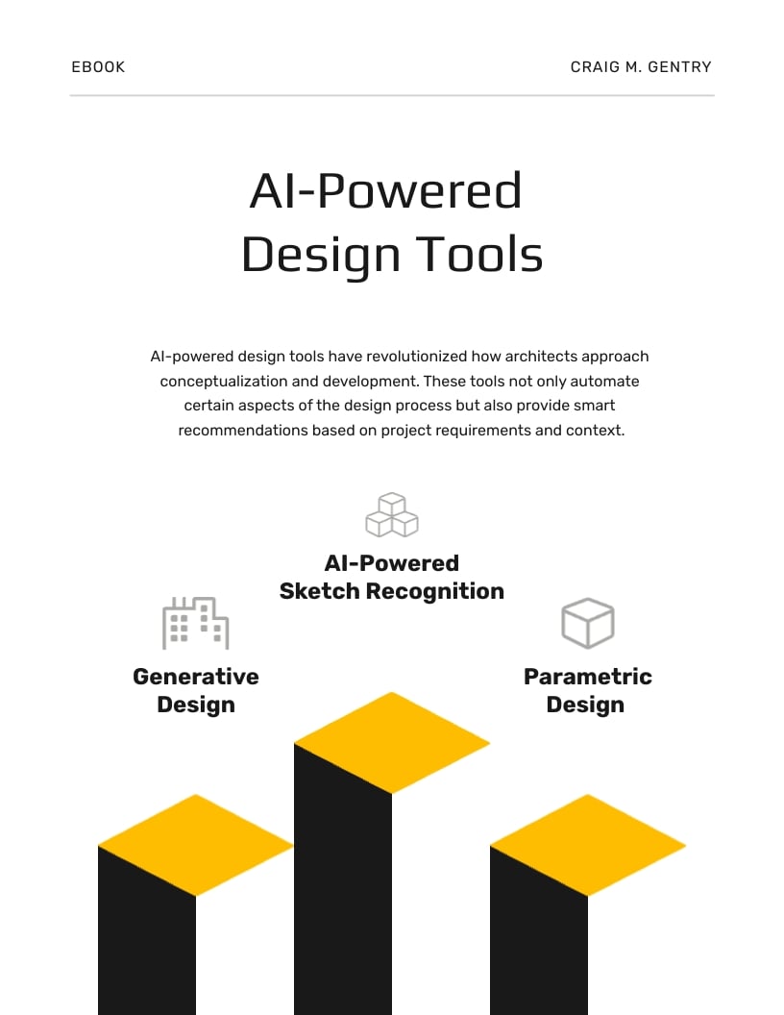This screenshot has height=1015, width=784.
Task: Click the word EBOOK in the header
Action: point(98,67)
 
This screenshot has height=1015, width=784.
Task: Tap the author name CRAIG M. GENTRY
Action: point(641,67)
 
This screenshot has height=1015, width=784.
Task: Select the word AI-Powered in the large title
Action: point(385,190)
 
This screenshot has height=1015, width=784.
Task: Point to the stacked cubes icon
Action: point(392,515)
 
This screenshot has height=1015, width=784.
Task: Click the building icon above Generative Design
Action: point(195,623)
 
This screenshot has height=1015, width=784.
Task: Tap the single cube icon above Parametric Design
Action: point(587,623)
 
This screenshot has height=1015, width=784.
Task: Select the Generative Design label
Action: point(196,690)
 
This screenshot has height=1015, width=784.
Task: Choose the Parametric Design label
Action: point(587,690)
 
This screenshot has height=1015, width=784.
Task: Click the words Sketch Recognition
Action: point(392,591)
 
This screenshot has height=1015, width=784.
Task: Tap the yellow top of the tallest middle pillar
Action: point(392,742)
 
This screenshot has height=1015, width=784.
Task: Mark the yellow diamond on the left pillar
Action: point(196,845)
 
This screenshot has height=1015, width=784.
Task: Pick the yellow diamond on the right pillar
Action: point(588,845)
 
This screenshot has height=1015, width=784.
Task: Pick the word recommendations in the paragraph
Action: point(243,431)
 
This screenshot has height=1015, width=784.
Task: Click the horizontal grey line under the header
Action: point(392,96)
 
